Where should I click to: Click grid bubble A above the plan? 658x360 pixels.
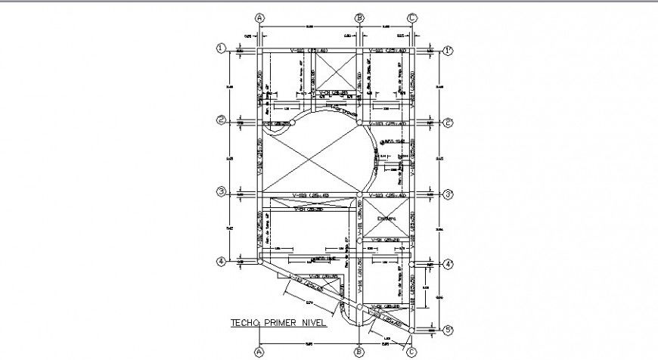click(x=259, y=17)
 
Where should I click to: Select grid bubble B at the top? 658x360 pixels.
click(x=359, y=17)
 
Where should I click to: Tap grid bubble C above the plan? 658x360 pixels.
click(x=412, y=17)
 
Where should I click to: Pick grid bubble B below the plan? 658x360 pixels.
click(x=359, y=352)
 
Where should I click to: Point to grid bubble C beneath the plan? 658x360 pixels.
click(x=412, y=352)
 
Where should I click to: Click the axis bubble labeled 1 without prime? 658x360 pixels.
click(x=222, y=48)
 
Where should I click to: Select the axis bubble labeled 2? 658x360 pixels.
click(x=222, y=121)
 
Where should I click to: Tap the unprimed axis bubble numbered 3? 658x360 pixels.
click(x=222, y=193)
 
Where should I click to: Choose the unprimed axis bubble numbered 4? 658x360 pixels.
click(x=222, y=262)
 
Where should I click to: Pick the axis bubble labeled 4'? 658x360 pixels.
click(x=448, y=264)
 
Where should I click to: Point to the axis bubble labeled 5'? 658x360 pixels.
click(x=448, y=331)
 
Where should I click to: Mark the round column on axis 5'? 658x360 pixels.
click(x=412, y=331)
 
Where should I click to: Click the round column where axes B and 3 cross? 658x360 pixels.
click(x=359, y=194)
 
